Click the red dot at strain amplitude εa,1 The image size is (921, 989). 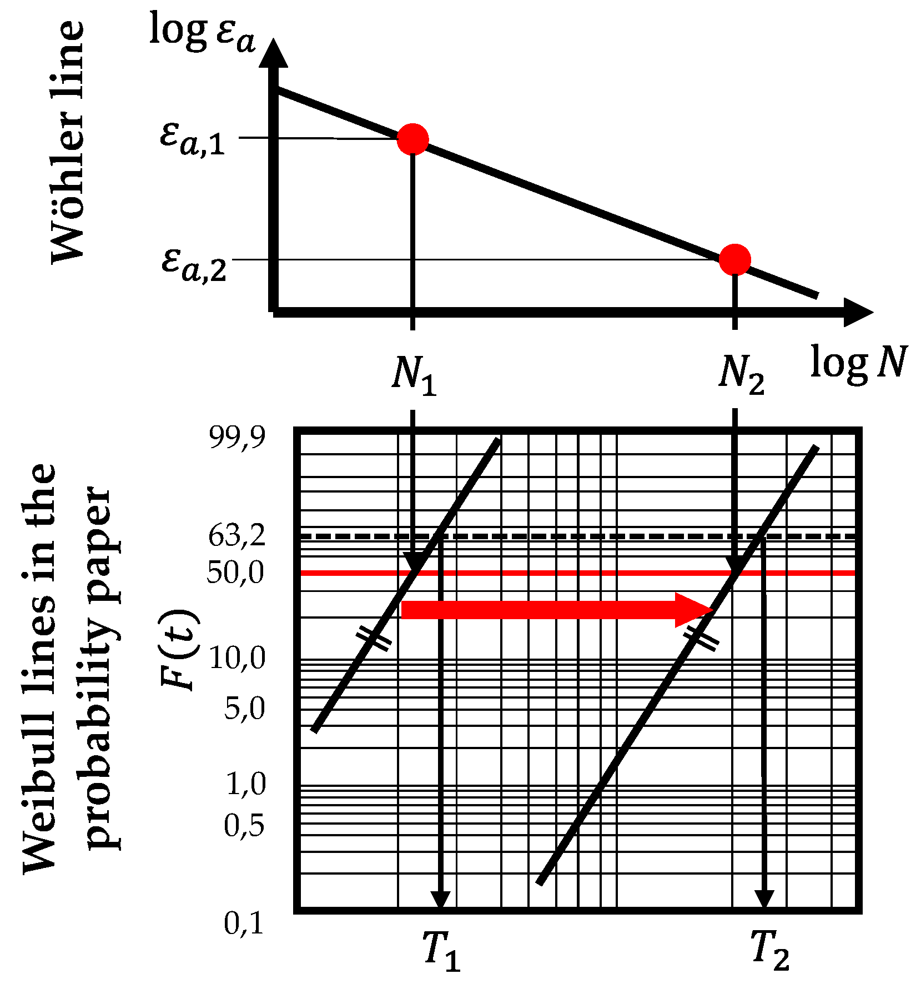412,139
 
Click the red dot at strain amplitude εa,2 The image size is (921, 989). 734,259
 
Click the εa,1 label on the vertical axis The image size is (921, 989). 192,138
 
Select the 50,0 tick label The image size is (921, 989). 236,573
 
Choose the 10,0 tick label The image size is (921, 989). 237,659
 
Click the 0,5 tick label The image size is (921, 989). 244,826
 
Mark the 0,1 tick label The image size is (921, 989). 244,923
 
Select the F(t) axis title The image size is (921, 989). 179,650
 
